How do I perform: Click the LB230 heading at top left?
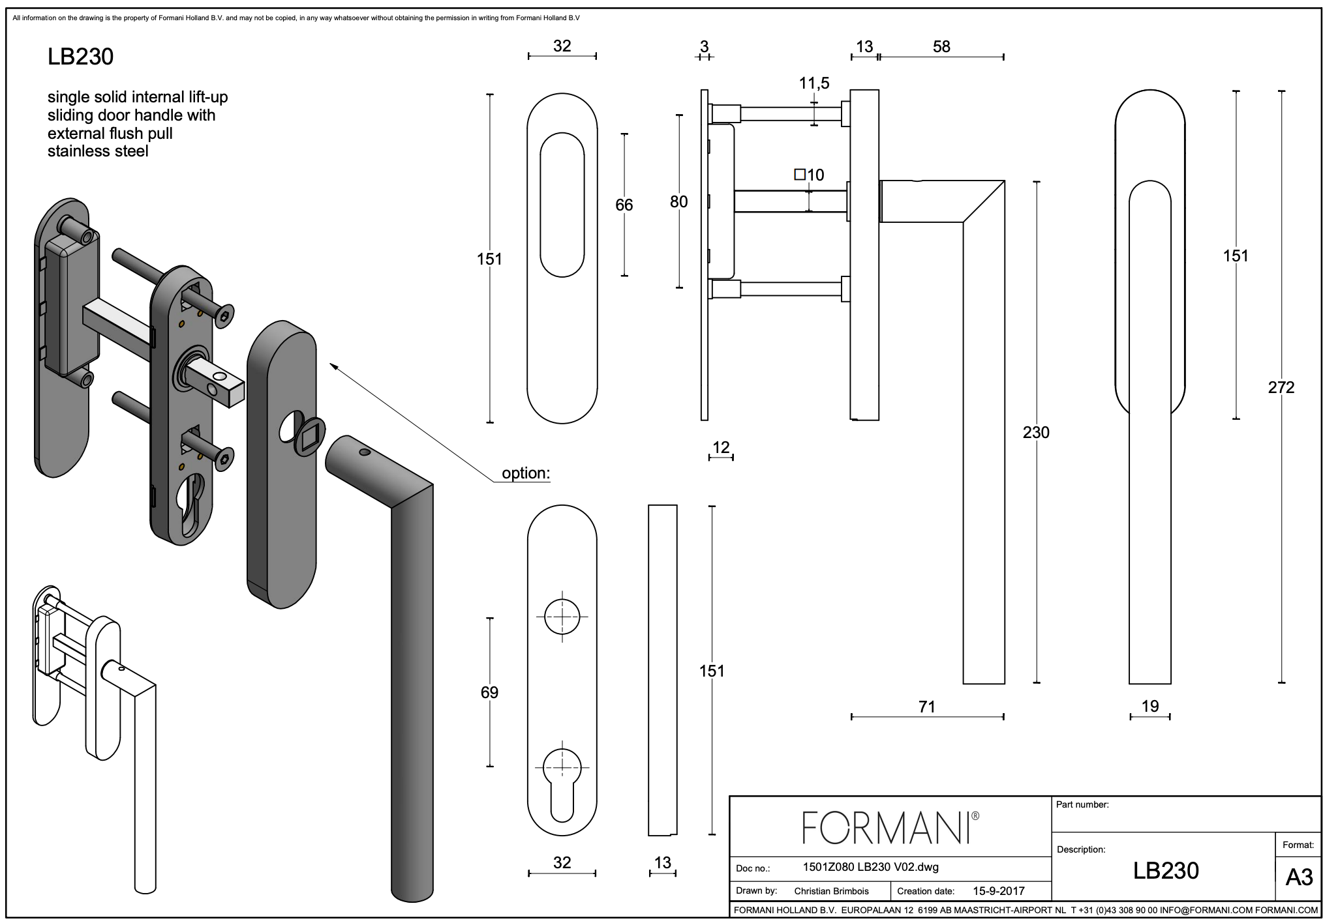(80, 57)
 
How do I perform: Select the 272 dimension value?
(1281, 388)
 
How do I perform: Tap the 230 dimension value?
(1036, 432)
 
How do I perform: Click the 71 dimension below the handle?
(926, 707)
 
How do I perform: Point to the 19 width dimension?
(1150, 706)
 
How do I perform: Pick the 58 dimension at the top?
(941, 47)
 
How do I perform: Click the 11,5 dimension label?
(814, 83)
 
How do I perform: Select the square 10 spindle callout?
(809, 175)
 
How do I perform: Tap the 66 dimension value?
(624, 205)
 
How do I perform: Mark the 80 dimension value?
(678, 201)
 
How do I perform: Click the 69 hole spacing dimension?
(489, 692)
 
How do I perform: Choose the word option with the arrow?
(525, 473)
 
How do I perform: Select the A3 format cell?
(1298, 877)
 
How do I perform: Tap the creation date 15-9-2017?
(998, 891)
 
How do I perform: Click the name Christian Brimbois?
(831, 891)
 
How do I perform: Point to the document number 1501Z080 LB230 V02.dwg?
(870, 868)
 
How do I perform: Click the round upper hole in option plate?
(562, 617)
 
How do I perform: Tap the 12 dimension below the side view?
(721, 447)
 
